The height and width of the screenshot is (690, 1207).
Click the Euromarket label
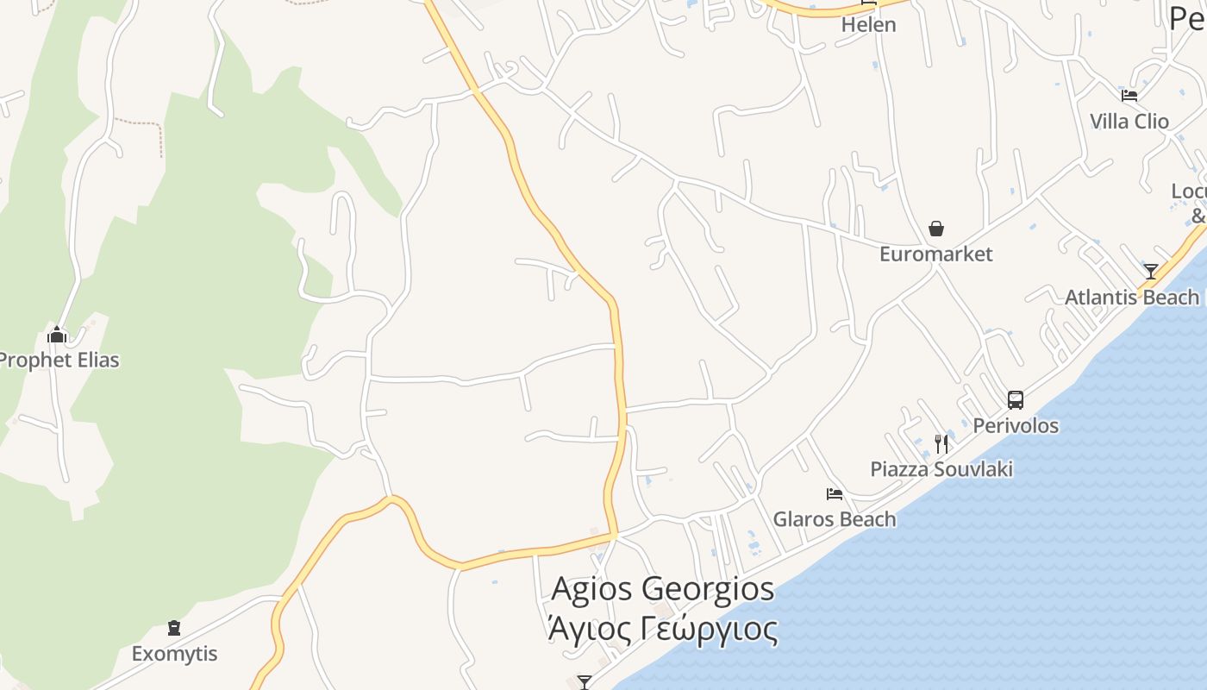[x=935, y=254]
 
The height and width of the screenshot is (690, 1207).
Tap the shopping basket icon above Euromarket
[x=936, y=229]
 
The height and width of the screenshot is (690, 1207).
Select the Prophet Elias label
[x=59, y=360]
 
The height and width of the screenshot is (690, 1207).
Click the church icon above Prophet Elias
[x=57, y=335]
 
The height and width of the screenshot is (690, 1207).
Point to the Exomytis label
[x=174, y=654]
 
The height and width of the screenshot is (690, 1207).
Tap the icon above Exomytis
[x=174, y=628]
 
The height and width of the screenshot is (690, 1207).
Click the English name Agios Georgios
[x=662, y=589]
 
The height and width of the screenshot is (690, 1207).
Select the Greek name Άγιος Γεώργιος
[x=662, y=630]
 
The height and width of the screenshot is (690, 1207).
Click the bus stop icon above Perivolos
[x=1016, y=400]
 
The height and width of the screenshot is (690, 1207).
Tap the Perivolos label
[x=1016, y=425]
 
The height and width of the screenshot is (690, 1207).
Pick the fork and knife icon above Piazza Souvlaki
[x=941, y=444]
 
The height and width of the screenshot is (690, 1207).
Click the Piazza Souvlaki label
[x=941, y=469]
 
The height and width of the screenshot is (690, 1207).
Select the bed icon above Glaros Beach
[x=835, y=494]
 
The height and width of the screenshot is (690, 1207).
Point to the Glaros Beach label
[x=835, y=519]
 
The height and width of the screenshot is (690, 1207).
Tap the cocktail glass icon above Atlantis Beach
[x=1151, y=272]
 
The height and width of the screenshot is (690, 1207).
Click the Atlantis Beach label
[x=1132, y=298]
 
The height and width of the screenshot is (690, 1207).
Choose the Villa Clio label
[x=1129, y=122]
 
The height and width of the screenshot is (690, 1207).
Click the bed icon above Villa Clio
[x=1129, y=96]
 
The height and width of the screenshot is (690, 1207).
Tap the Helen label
[x=869, y=25]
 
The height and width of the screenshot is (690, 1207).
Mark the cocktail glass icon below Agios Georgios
[x=585, y=682]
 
